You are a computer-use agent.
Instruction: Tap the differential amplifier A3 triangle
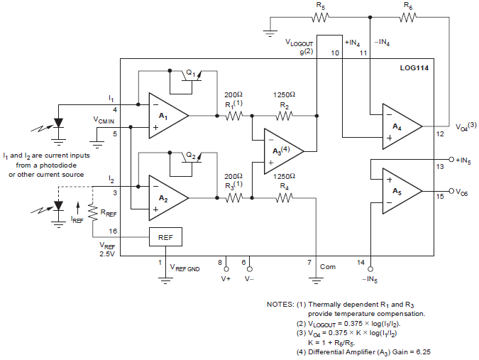282,151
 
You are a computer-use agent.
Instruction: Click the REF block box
165,236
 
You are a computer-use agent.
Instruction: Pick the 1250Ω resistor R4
284,198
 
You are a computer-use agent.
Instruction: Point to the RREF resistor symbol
94,212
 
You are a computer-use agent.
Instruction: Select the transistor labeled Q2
191,160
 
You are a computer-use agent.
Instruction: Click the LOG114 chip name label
414,68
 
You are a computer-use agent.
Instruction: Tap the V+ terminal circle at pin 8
226,270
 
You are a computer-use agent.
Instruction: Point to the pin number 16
114,231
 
